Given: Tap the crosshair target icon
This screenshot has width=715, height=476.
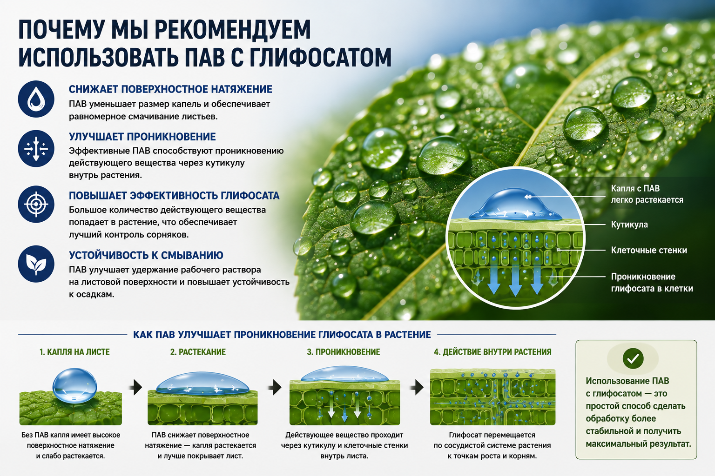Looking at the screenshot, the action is tap(36, 204).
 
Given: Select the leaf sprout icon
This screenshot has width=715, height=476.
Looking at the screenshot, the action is tap(36, 264).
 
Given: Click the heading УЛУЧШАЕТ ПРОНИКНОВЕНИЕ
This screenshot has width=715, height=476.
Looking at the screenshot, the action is tap(142, 137).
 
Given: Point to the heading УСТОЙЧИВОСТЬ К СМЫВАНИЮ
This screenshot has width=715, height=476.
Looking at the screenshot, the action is tap(146, 255).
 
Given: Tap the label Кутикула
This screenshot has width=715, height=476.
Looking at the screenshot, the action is tap(629, 225).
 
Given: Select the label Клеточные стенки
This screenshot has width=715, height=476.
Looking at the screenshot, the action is tap(649, 250).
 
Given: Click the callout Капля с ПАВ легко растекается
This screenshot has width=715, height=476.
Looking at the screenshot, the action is tap(647, 194).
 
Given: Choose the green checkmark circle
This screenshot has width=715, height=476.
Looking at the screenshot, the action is tap(633, 359).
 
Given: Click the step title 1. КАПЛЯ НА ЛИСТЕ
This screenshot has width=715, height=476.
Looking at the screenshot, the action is tap(74, 352).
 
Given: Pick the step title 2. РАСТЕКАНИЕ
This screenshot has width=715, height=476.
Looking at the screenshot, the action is tap(198, 352).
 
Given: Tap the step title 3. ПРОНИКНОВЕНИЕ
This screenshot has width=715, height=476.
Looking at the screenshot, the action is tap(344, 352).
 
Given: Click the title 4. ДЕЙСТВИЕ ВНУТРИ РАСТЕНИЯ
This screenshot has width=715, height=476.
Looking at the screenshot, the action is tap(492, 352).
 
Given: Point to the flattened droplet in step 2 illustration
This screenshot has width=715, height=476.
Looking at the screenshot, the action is tap(202, 383).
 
